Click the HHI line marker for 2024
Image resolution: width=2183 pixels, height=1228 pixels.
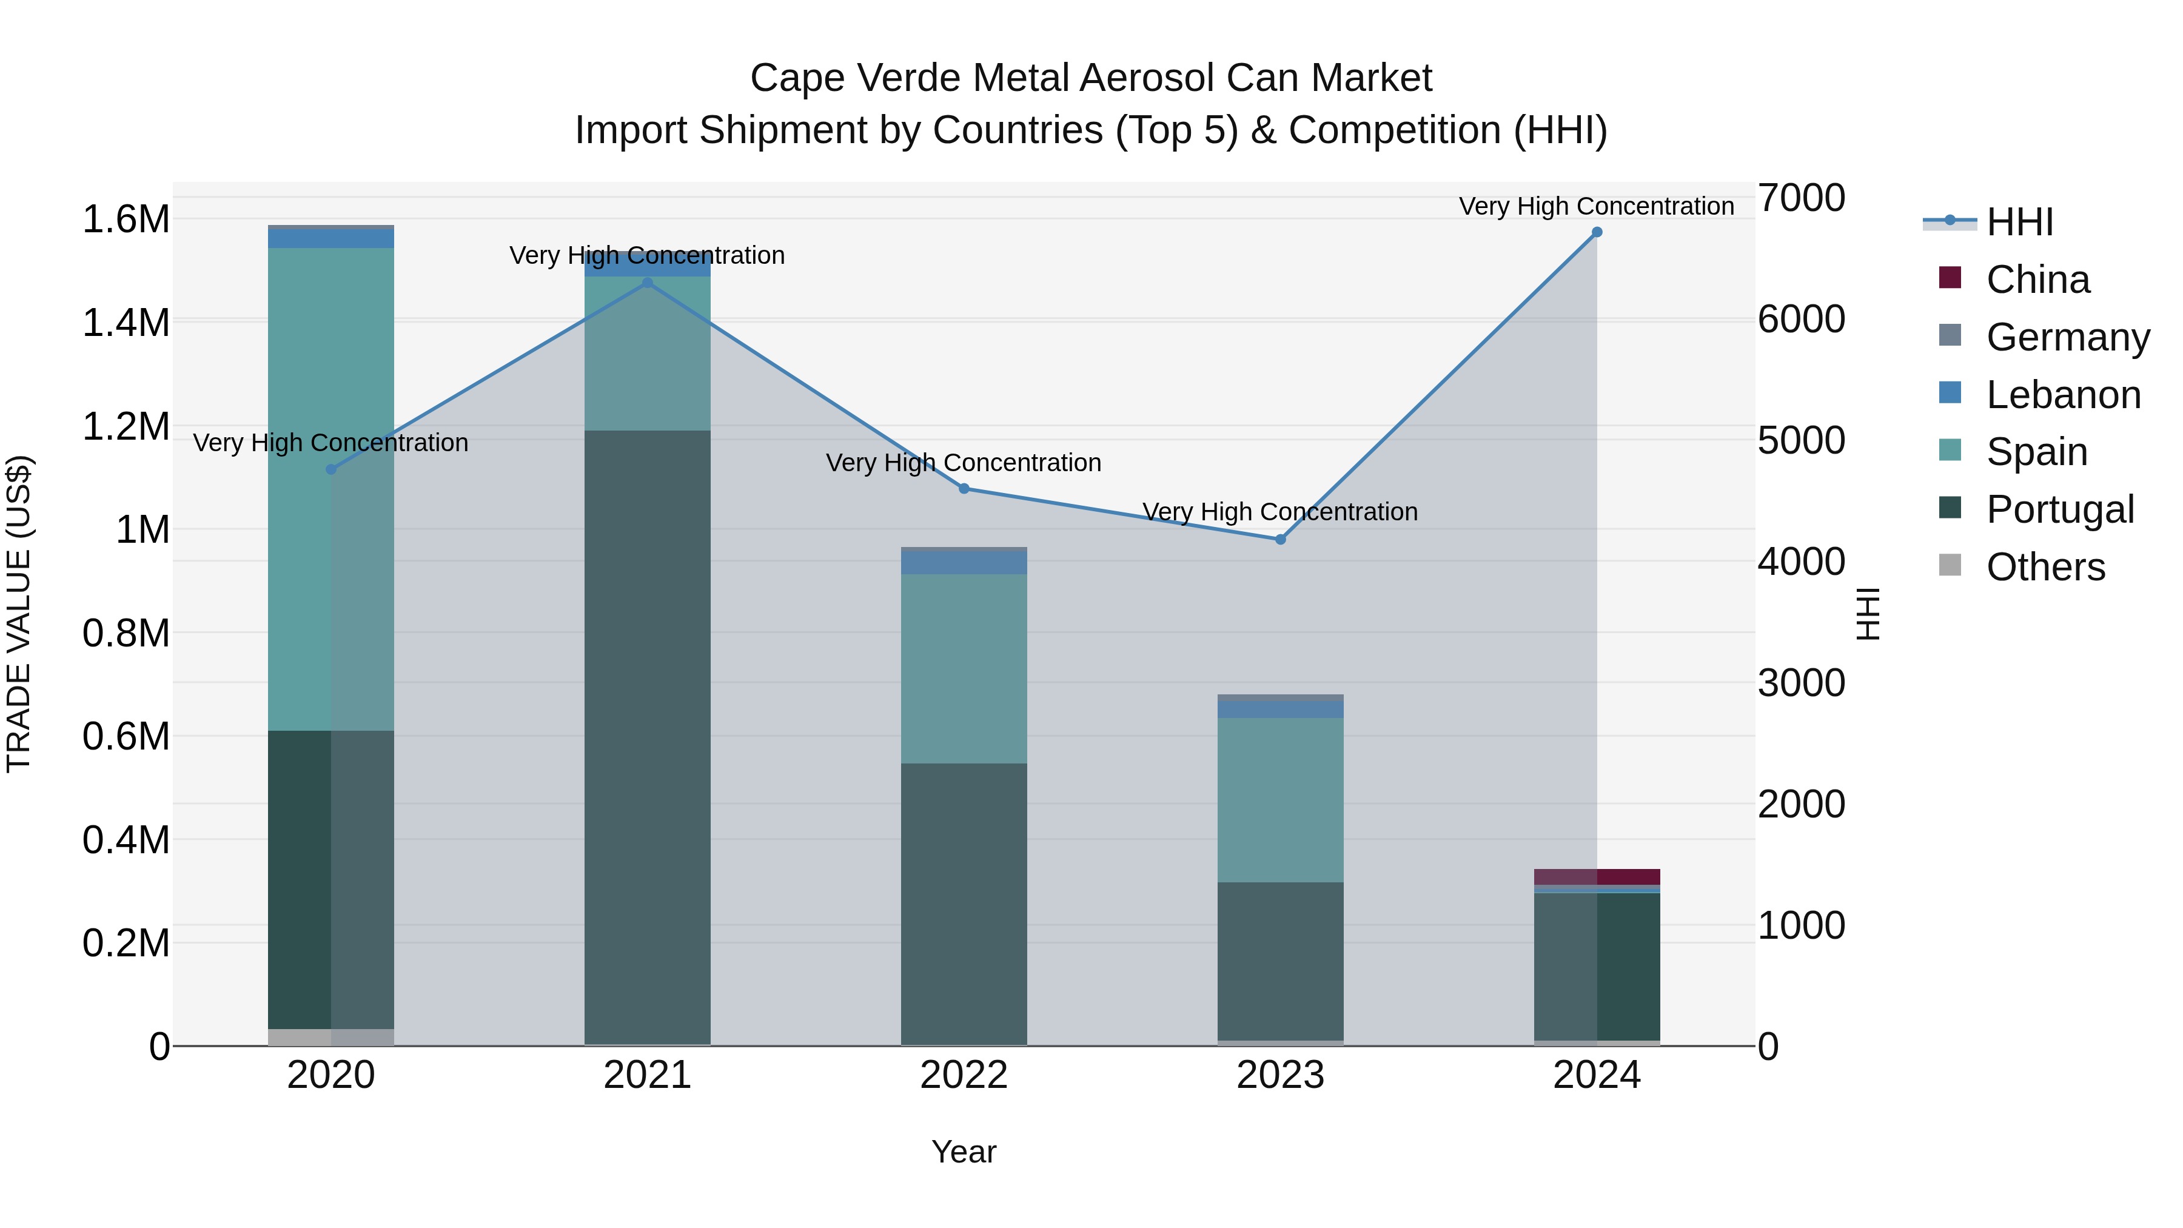coord(1597,232)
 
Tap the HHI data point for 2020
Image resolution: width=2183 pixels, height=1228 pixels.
coord(331,469)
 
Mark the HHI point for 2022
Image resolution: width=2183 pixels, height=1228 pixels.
coord(964,488)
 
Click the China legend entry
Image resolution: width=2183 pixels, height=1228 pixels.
coord(2037,280)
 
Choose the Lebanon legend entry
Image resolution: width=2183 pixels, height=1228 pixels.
coord(2063,395)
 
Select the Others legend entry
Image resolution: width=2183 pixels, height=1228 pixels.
coord(2045,567)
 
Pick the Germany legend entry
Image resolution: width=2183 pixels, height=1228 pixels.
coord(2067,337)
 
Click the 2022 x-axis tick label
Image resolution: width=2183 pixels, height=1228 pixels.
coord(964,1075)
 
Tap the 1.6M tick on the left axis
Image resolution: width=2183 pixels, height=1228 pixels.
coord(126,220)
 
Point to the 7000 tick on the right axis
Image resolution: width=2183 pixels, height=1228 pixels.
coord(1801,198)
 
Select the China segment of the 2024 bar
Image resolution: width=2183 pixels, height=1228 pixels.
coord(1597,876)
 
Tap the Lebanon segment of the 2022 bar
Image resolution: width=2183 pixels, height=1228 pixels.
coord(964,563)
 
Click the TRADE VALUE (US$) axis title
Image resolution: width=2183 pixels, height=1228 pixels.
coord(19,614)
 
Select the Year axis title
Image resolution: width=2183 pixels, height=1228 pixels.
coord(964,1152)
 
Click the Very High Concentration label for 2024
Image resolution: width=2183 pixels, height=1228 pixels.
coord(1596,206)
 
